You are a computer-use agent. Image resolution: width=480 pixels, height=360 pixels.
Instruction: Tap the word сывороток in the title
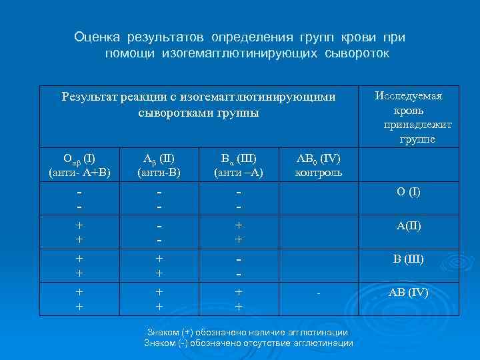tap(355, 52)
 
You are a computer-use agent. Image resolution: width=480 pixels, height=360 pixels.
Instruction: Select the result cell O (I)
tap(409, 192)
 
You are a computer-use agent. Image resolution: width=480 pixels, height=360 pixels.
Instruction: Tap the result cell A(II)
tap(409, 225)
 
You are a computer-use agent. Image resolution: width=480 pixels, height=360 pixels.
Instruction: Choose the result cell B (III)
tap(409, 259)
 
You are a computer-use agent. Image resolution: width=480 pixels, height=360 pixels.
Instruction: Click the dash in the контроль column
tap(319, 293)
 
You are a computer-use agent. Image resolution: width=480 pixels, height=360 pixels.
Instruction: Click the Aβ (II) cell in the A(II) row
tap(159, 231)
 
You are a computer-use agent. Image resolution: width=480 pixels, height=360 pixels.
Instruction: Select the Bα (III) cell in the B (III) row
tap(238, 265)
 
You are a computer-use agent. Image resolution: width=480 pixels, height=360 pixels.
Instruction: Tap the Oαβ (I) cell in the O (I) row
tap(79, 198)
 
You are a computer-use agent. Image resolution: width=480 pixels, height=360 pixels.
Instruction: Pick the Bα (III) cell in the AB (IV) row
tap(238, 298)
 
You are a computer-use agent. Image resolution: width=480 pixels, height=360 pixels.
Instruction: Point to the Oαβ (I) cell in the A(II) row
tap(79, 231)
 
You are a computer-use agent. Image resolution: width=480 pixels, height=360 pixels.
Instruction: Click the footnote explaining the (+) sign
tap(247, 332)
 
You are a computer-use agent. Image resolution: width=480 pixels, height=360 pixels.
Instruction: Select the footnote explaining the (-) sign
tap(248, 343)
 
